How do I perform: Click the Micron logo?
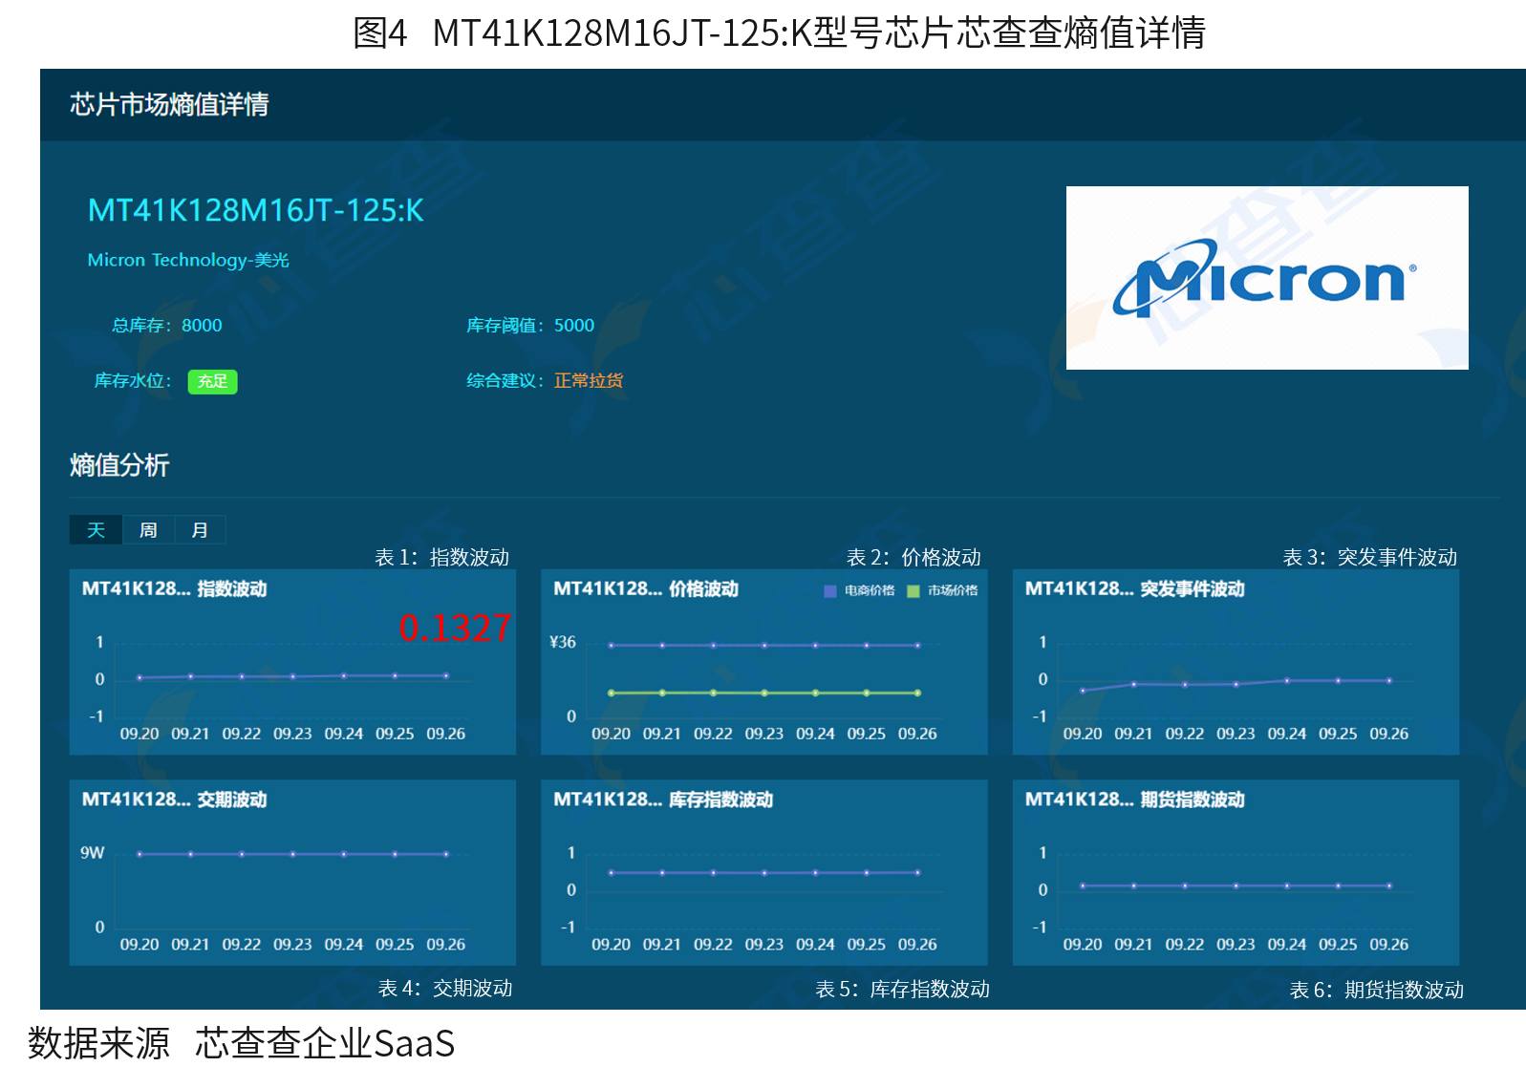pos(1266,278)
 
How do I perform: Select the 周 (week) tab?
pos(148,530)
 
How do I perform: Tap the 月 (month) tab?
pos(200,530)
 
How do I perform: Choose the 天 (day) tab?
pos(97,530)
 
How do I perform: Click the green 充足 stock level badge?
pos(212,381)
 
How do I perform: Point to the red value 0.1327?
pos(455,627)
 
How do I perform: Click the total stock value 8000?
pos(202,326)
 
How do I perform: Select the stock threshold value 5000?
pos(574,326)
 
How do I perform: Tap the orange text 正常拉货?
pos(589,380)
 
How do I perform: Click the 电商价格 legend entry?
pos(859,590)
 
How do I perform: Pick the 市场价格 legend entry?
pos(943,590)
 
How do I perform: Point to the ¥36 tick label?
pos(563,642)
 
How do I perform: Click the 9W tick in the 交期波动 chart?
pos(92,852)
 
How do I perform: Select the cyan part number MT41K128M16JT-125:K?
pos(255,210)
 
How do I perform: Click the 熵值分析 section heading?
pos(119,466)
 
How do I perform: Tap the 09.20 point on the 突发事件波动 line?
pos(1083,691)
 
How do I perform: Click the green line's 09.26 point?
pos(917,693)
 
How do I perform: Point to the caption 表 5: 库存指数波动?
pos(903,989)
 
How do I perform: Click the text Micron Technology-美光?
pos(188,260)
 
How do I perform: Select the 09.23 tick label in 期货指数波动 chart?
pos(1236,945)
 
